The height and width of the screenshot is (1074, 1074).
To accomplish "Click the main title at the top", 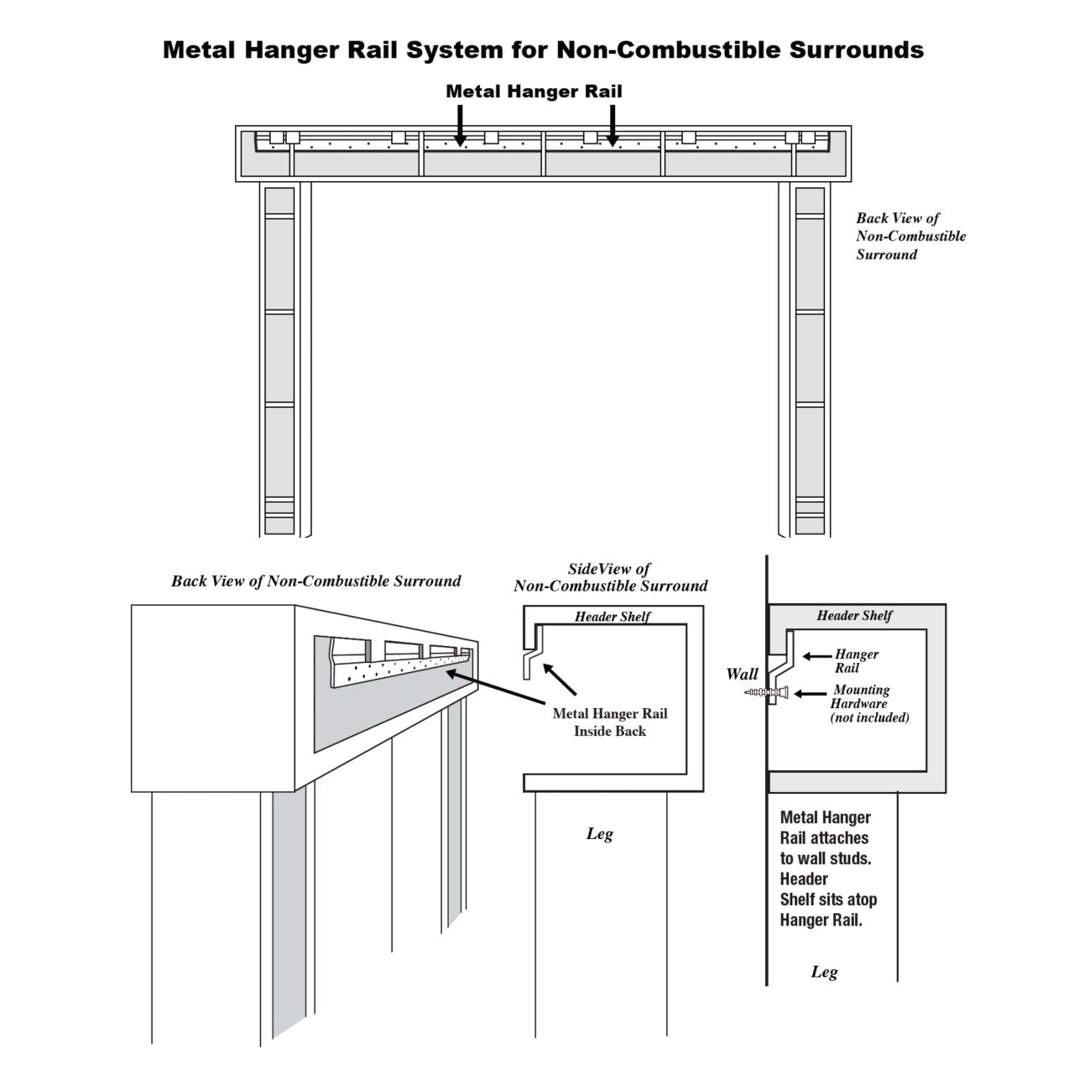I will coord(543,50).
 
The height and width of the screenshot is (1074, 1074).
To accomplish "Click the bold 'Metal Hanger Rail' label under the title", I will coord(534,91).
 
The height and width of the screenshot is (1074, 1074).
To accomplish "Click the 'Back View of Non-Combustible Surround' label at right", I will coord(910,237).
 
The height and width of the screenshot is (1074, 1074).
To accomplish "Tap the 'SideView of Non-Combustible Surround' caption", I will coord(610,577).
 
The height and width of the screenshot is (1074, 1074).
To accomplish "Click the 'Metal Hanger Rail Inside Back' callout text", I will coord(610,722).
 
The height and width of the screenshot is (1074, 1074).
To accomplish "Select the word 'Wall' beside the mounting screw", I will coord(742,674).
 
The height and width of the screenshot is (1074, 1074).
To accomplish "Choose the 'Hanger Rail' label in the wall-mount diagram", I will coord(856,661).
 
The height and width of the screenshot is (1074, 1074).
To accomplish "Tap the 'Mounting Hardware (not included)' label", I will coord(869,703).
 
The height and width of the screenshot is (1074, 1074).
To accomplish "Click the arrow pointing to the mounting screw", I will coord(809,694).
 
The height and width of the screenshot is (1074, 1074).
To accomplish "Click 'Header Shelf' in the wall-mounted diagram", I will coord(854,616).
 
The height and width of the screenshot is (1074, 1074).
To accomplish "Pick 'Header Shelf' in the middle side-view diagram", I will coord(613,617).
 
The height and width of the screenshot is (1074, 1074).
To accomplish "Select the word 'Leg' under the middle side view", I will coord(599,834).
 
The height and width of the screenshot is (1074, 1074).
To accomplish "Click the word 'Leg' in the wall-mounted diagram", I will coord(824,972).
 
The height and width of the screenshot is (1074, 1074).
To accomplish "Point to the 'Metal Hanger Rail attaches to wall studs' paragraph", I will coord(828,868).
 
